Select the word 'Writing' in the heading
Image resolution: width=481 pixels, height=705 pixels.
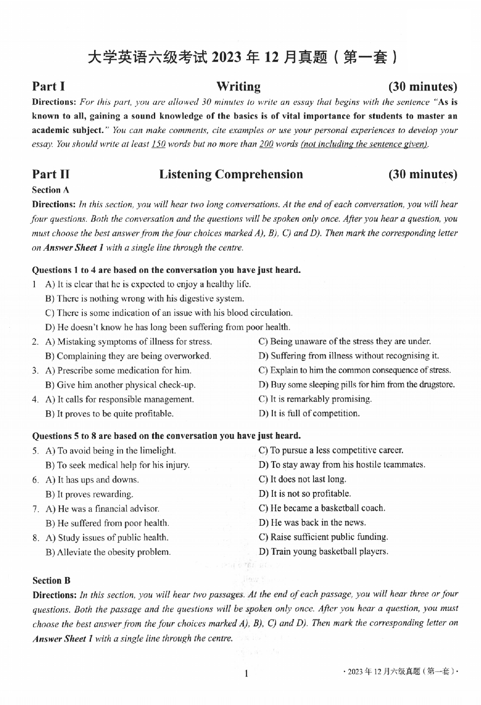click(x=238, y=86)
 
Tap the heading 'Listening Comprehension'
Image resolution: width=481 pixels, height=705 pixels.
click(x=231, y=174)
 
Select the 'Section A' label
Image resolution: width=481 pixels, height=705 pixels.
click(x=51, y=190)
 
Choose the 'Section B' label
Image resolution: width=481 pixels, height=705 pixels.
click(x=51, y=581)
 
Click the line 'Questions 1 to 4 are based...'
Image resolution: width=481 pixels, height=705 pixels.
click(x=167, y=270)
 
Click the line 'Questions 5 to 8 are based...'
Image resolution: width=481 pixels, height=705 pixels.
click(x=167, y=436)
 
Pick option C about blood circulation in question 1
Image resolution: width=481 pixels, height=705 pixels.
click(x=169, y=313)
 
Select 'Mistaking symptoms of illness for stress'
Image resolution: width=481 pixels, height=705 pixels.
click(x=129, y=342)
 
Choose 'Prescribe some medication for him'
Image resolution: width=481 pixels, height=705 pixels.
click(x=118, y=371)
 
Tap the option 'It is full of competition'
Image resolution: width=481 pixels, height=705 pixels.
click(x=309, y=414)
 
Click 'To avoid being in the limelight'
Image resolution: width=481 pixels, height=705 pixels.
click(x=111, y=451)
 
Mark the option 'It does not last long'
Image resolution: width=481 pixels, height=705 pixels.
click(x=302, y=479)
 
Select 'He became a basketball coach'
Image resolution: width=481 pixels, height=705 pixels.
click(x=322, y=508)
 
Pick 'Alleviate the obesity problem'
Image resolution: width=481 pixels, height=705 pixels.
click(x=108, y=552)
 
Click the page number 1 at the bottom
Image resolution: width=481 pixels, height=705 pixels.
click(x=247, y=675)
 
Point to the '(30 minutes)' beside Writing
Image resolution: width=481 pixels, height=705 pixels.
click(x=423, y=86)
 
